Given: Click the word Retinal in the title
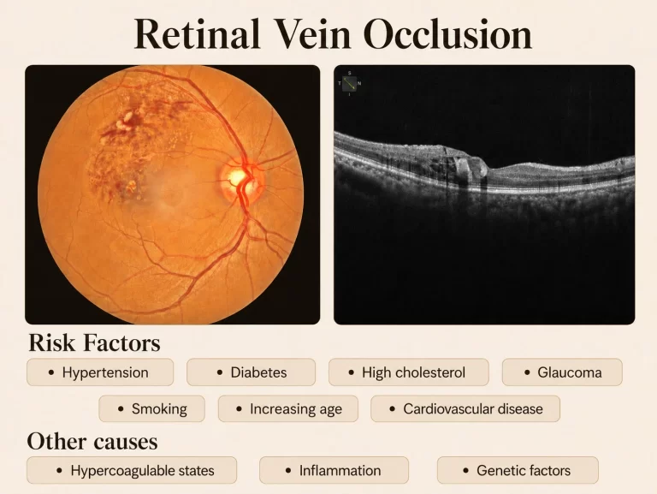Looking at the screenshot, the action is [197, 33].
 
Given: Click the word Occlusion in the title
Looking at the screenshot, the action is [447, 33].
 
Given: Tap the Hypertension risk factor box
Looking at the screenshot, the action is [100, 372].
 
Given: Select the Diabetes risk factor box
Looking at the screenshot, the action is [251, 372].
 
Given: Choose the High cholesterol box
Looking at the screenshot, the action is [409, 372].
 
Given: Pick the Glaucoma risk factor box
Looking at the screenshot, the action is [562, 372].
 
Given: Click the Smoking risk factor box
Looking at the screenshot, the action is [152, 408].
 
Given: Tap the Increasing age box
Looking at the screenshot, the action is [288, 408].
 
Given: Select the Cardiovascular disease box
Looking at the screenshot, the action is [465, 408].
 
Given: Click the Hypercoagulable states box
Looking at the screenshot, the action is [132, 470].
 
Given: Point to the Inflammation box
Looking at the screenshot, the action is [334, 470].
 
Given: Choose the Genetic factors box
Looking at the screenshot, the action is [518, 470].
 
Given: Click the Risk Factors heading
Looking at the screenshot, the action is [94, 342].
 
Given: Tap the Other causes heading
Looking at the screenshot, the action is [92, 441].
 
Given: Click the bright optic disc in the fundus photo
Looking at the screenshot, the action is [238, 177].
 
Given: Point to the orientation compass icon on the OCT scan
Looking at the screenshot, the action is [349, 83].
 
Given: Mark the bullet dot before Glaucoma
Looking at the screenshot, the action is [527, 372].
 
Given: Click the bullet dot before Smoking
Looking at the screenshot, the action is [121, 409].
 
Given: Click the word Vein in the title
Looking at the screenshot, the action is [311, 33].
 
